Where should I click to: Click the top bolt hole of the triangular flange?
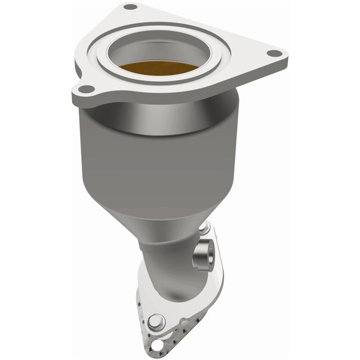pyautogui.click(x=131, y=7)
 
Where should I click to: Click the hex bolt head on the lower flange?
pyautogui.click(x=155, y=323)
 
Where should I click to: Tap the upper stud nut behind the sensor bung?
pyautogui.click(x=205, y=227)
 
